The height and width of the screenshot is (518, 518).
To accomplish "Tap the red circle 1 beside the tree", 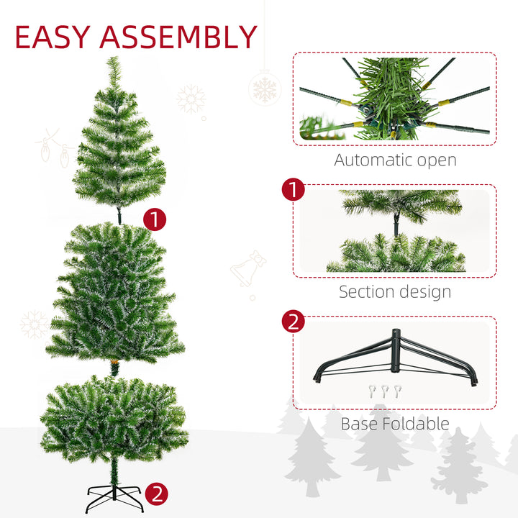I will point(154,219).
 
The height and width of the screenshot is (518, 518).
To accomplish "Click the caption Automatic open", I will point(395,160).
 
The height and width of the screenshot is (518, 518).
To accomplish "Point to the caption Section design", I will point(395,291).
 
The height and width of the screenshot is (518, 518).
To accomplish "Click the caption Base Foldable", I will point(395,424).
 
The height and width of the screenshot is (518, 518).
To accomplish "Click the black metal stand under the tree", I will point(113,497).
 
